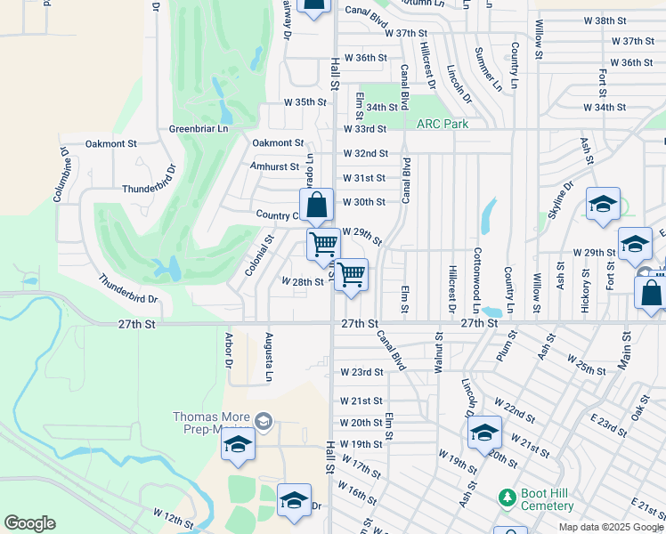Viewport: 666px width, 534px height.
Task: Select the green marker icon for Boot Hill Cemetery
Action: click(507, 495)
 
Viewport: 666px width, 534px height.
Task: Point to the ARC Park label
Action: click(443, 124)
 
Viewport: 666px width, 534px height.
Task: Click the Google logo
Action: click(29, 523)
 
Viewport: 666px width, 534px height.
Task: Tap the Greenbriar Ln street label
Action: click(199, 129)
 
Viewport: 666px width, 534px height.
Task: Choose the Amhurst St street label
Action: click(277, 166)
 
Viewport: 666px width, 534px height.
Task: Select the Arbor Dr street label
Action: click(229, 350)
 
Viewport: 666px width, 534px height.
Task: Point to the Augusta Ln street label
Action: click(268, 356)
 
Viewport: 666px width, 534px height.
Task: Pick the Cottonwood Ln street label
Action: click(477, 273)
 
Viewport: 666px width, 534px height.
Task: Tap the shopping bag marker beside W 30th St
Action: click(316, 206)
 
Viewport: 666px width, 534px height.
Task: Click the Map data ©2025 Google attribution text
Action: click(611, 527)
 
